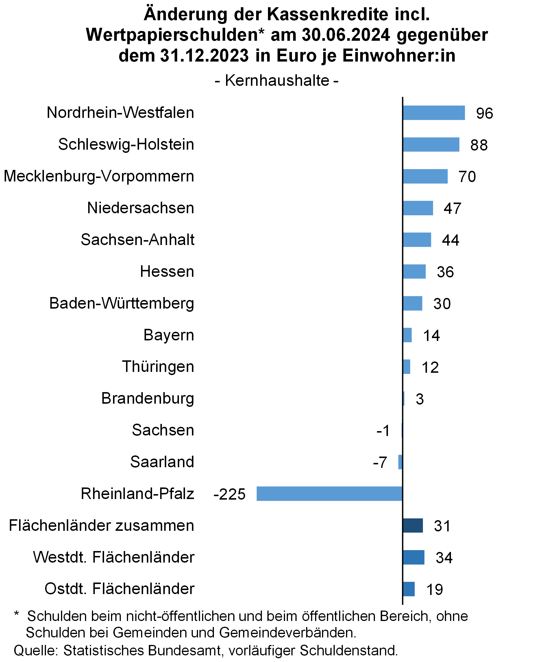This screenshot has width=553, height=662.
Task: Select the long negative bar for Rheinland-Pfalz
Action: (330, 494)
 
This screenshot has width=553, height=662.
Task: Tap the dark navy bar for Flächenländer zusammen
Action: (413, 526)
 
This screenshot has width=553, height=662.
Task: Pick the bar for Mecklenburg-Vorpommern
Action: (425, 176)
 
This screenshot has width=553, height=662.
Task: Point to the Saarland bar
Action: (400, 462)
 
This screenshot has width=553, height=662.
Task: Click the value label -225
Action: (230, 494)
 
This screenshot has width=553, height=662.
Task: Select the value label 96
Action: (484, 114)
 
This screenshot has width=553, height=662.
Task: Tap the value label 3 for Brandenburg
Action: (420, 399)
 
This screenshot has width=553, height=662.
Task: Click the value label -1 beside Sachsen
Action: (383, 431)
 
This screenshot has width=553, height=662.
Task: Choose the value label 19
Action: (435, 589)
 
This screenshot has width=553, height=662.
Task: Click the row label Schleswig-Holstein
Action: (126, 144)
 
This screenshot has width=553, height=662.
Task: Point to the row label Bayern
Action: (169, 335)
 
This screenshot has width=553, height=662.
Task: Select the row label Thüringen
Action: (158, 367)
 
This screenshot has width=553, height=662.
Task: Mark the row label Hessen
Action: (167, 271)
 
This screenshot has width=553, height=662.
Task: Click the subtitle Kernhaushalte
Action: (277, 80)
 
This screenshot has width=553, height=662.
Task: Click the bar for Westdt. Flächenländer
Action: (413, 557)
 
